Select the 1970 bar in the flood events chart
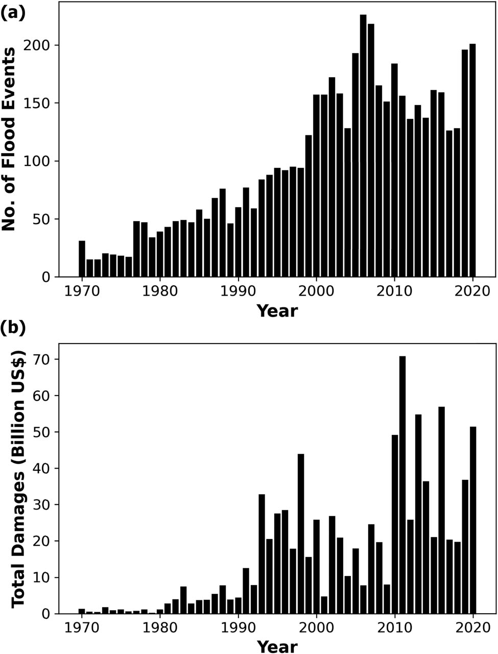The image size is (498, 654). [x=82, y=259]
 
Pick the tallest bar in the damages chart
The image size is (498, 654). [x=402, y=485]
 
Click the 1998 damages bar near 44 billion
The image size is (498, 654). [x=301, y=534]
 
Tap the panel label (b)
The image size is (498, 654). [x=13, y=328]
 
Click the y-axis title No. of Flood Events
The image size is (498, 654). [x=9, y=142]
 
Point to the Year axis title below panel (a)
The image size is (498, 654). [x=277, y=310]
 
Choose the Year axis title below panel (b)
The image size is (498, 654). [x=277, y=646]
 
